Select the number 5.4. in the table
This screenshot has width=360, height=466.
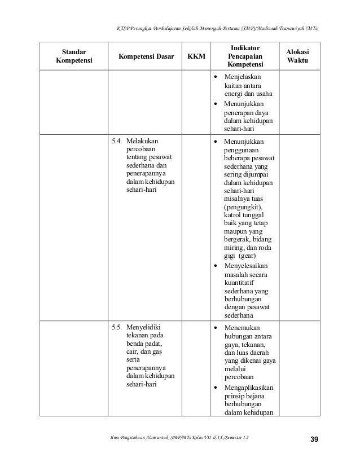coord(116,141)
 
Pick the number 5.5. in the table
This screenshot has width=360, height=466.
coord(116,327)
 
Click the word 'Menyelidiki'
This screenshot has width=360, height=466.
coord(144,327)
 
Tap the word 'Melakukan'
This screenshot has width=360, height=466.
coord(142,141)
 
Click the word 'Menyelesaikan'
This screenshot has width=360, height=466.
coord(246,266)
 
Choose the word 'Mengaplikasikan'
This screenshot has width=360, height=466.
coord(249,388)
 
